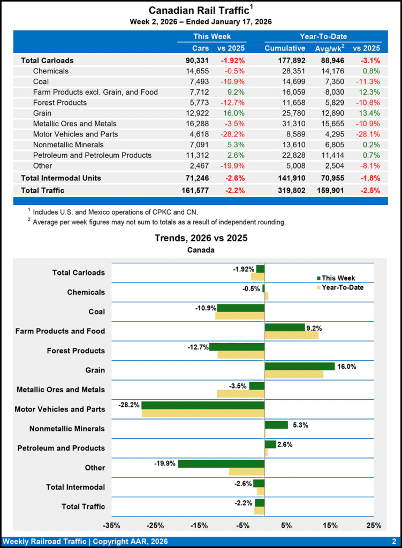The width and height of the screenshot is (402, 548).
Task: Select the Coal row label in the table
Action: tap(41, 81)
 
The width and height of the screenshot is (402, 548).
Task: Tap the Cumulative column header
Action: tap(285, 48)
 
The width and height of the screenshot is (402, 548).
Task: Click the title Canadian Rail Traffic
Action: tap(198, 10)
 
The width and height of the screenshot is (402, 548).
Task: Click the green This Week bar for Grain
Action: tap(300, 367)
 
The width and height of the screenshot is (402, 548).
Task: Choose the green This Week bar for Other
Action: tap(221, 463)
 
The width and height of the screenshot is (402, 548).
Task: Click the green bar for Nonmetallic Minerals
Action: tap(276, 425)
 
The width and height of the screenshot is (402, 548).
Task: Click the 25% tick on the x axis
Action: tap(374, 525)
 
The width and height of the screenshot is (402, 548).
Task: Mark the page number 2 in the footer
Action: tap(393, 541)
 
